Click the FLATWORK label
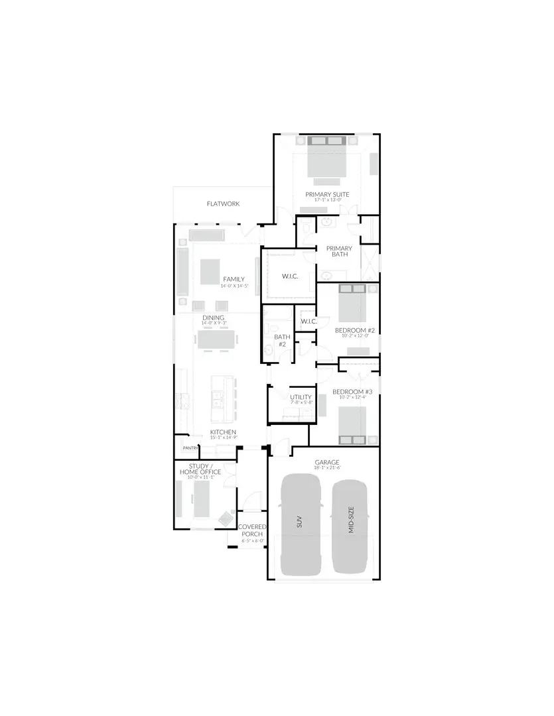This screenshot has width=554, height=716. [223, 204]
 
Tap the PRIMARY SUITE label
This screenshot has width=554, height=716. [327, 195]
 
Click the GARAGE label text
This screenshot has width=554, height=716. [327, 462]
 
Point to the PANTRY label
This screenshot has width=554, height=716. [182, 448]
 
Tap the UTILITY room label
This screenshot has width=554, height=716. [301, 397]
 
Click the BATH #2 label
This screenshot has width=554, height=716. [281, 340]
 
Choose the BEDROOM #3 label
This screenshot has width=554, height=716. [352, 392]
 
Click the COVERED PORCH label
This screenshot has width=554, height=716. [252, 530]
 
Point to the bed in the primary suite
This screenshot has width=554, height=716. [327, 159]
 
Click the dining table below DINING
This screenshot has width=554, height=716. [217, 340]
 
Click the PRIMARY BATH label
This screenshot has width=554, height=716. [339, 251]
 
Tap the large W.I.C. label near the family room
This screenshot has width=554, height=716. [289, 275]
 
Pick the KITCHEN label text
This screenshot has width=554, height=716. [223, 432]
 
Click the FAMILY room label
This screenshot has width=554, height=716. [234, 279]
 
